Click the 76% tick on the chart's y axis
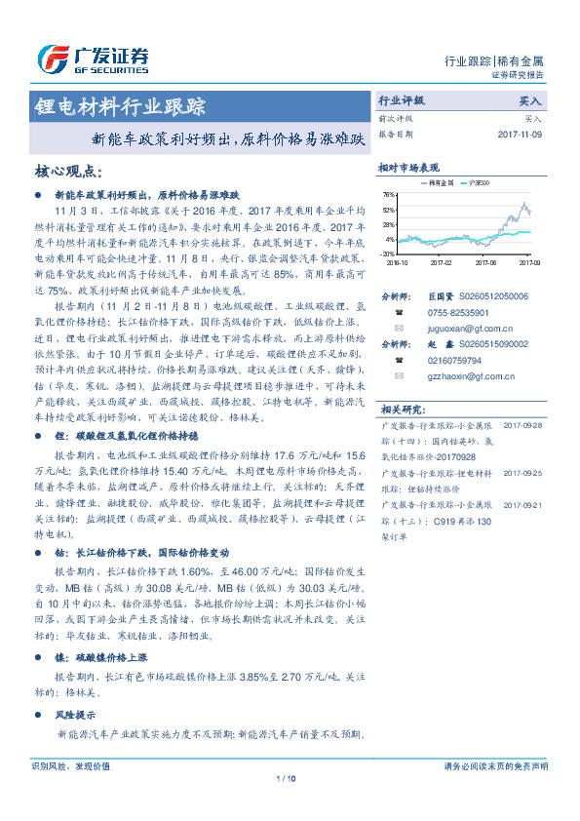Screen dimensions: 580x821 389,195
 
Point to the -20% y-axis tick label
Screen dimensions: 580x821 389,253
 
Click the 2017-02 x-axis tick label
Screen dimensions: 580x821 441,261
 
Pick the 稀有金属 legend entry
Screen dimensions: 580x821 441,183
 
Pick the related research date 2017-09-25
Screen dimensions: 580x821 522,472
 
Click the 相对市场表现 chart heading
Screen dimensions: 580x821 409,168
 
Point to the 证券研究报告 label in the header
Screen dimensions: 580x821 516,74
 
